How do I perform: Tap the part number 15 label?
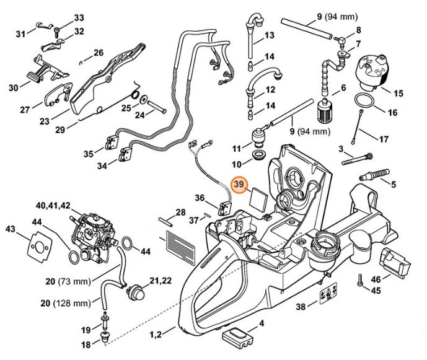click(398, 94)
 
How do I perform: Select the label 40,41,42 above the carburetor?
click(54, 205)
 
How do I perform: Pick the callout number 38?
click(301, 305)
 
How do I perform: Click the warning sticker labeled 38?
click(328, 295)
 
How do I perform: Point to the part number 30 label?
click(14, 88)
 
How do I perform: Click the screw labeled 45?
click(360, 281)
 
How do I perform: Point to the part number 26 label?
click(99, 53)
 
